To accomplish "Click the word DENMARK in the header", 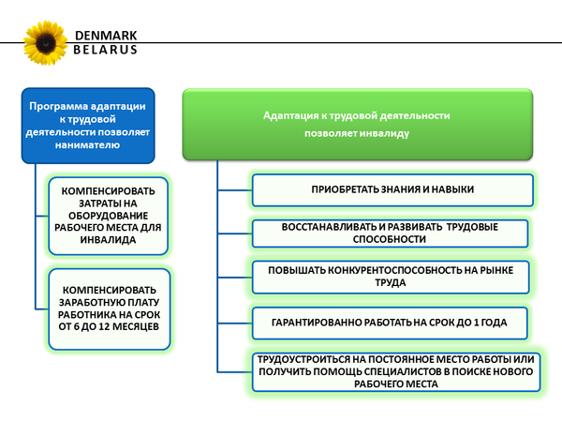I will click(105, 36).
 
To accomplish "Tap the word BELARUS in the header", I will click(105, 51).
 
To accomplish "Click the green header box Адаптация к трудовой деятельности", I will click(357, 124).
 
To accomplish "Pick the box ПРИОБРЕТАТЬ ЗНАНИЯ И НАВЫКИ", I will click(392, 189).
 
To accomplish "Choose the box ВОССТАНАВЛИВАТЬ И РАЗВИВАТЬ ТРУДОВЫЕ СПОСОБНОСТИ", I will click(392, 234).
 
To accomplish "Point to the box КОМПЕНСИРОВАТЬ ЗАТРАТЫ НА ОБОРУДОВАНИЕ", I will click(109, 216).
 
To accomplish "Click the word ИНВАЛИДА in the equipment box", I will click(109, 240).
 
